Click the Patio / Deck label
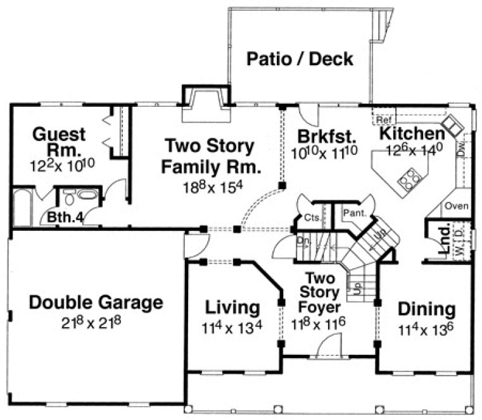click(300, 59)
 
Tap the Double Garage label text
click(96, 302)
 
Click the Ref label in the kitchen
click(383, 119)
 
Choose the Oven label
click(456, 206)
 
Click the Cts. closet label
click(311, 218)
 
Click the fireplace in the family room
click(203, 106)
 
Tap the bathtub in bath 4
click(22, 206)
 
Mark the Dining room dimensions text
click(426, 329)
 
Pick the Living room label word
click(232, 308)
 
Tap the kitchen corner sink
click(453, 122)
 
